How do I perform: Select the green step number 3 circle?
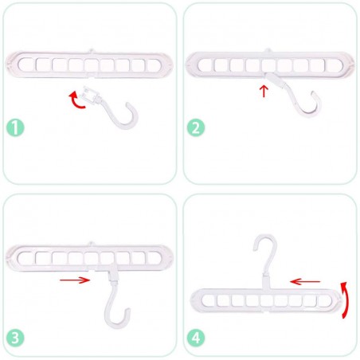point(16,336)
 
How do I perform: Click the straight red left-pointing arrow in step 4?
point(305,280)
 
